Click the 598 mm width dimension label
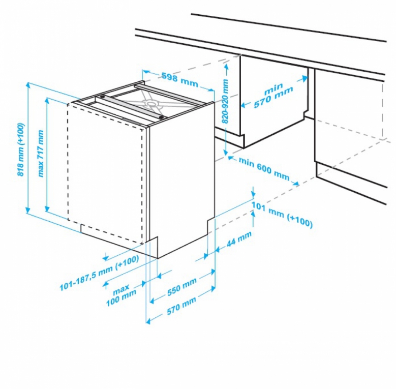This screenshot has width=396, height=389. click(180, 79)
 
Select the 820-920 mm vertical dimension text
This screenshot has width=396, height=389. click(225, 101)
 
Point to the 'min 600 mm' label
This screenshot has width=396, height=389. click(264, 168)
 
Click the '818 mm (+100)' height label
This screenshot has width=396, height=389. click(21, 149)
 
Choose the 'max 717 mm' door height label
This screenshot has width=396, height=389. click(40, 153)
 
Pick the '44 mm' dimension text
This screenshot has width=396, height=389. click(239, 238)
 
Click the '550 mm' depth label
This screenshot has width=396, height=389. click(182, 287)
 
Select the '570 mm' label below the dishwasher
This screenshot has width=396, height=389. click(181, 306)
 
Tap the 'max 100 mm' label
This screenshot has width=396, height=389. click(121, 294)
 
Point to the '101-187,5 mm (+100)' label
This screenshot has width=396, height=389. click(100, 273)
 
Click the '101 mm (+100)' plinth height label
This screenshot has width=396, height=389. click(282, 214)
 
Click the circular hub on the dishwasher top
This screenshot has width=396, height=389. click(151, 103)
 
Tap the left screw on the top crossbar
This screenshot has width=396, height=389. click(102, 96)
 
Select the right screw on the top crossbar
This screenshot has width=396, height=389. click(161, 117)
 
